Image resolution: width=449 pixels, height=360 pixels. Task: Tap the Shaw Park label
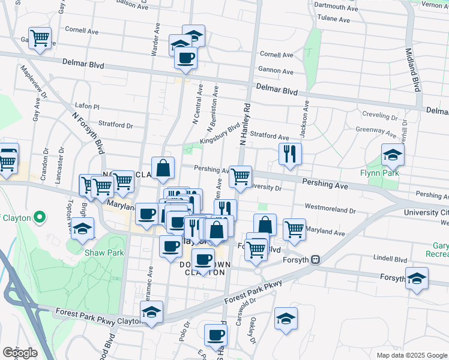coord(104,253)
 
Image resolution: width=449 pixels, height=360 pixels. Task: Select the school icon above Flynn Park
coord(393,155)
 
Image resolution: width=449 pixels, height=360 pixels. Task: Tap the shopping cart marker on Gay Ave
coord(40,38)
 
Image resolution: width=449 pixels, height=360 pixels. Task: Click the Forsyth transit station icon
coord(315,260)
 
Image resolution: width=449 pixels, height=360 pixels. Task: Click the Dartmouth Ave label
coord(335,7)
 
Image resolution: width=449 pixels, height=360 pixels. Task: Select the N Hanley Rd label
coord(245,124)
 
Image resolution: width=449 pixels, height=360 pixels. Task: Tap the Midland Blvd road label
coord(413,70)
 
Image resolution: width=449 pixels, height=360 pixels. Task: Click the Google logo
coord(19,353)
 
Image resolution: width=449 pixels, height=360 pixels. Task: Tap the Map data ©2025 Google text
coord(411,355)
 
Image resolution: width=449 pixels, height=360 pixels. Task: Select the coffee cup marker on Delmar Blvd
coord(185,58)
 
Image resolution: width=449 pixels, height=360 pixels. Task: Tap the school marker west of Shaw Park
coord(82,229)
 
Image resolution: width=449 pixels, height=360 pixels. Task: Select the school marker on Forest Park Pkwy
coord(152,311)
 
